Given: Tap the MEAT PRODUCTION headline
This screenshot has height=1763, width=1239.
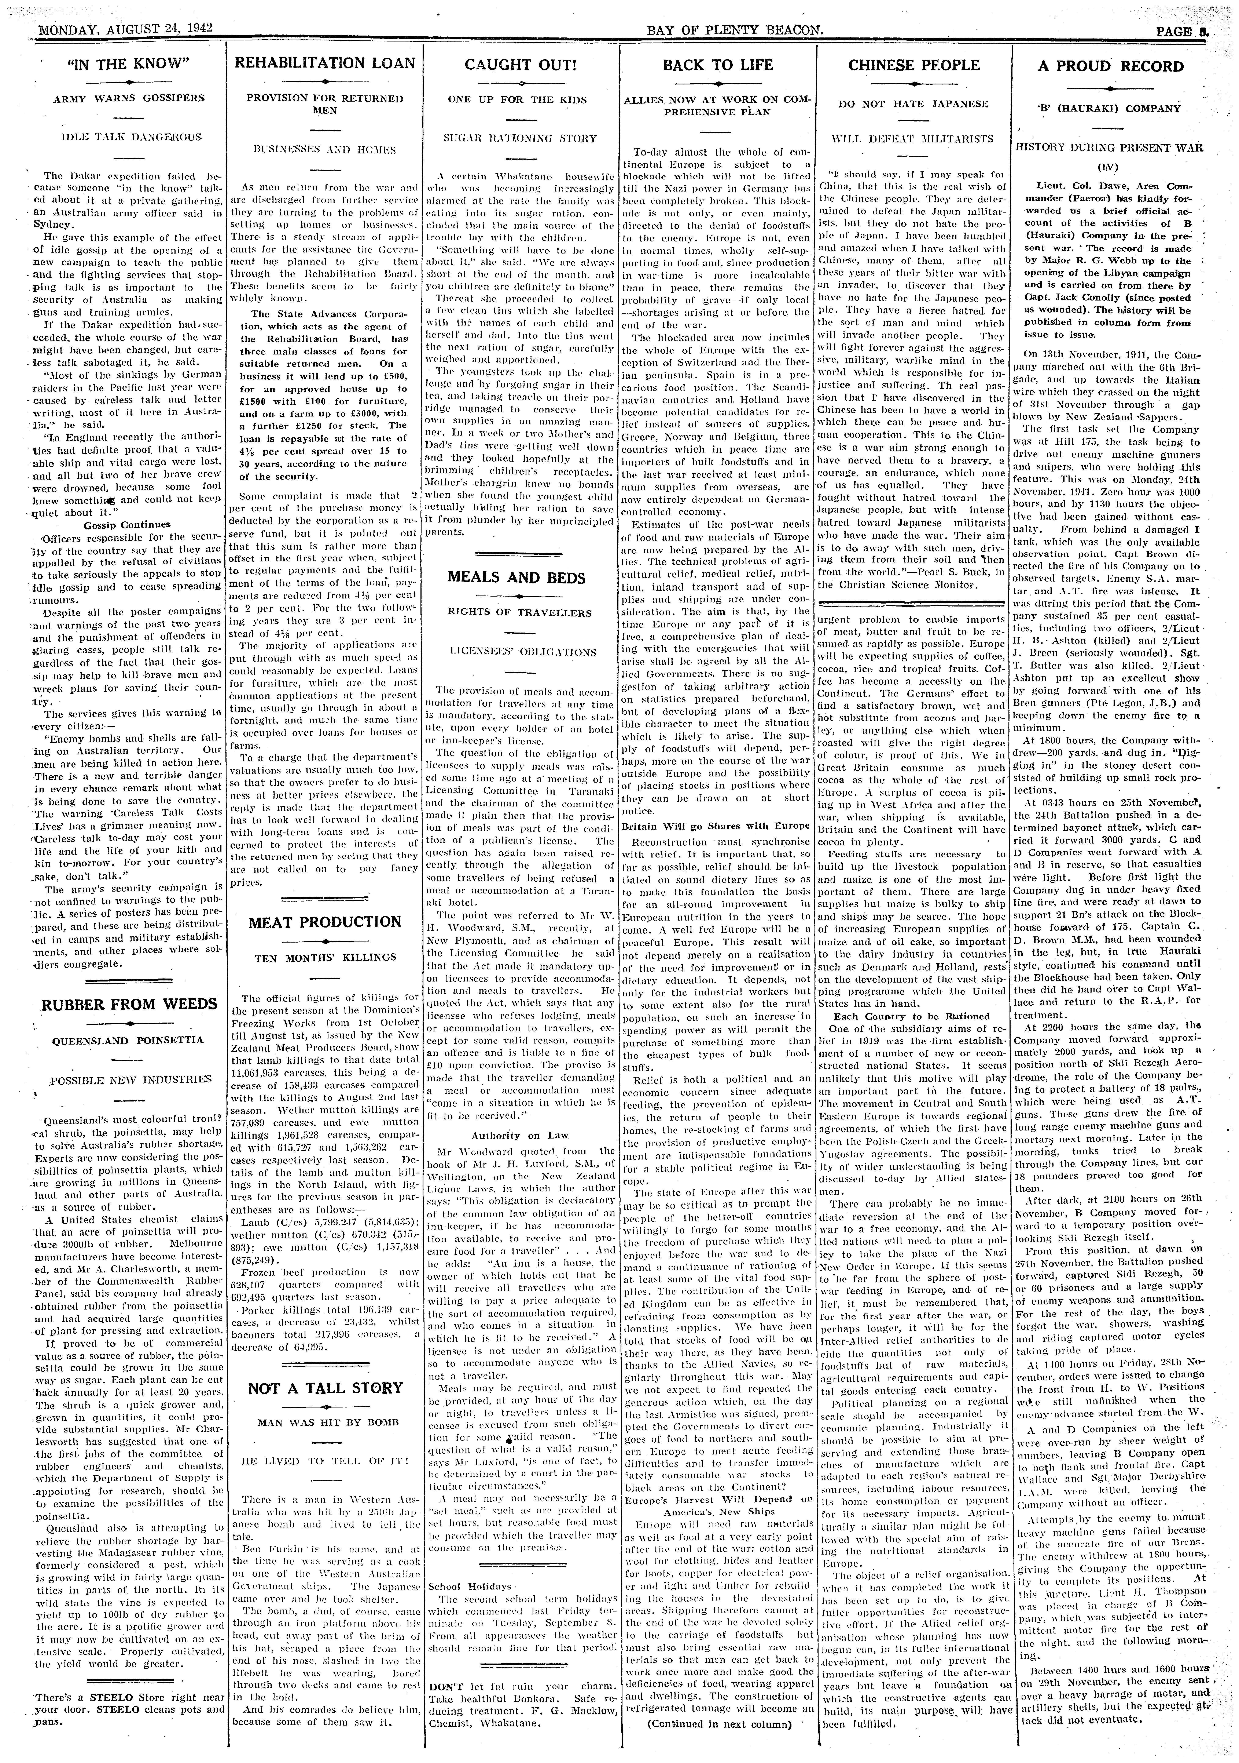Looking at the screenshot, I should click(324, 921).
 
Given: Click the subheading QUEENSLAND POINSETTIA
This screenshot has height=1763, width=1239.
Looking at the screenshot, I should click(128, 1041).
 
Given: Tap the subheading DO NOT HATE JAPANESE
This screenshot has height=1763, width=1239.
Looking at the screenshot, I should click(913, 104).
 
